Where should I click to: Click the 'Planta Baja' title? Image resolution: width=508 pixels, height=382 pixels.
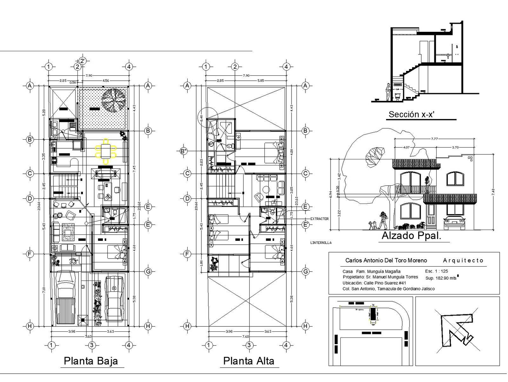tap(91, 361)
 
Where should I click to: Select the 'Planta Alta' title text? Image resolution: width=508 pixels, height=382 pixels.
tap(249, 361)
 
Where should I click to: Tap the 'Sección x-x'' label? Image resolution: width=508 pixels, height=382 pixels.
tap(411, 114)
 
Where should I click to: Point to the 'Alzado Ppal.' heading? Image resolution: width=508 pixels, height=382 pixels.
tap(411, 236)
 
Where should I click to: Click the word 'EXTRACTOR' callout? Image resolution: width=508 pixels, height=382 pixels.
tap(319, 219)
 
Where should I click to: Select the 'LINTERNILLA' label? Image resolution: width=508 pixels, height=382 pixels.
tap(321, 243)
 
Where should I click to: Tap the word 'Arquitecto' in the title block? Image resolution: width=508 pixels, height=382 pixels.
tap(463, 260)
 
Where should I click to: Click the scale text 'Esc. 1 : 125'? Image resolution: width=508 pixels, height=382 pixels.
tap(436, 271)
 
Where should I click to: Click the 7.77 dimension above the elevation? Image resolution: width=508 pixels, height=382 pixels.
tap(434, 139)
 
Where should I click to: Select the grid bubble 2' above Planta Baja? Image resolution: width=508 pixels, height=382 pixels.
tap(83, 61)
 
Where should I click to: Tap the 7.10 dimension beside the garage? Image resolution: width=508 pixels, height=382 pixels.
tap(44, 290)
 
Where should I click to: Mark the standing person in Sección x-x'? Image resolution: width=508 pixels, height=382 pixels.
tap(388, 92)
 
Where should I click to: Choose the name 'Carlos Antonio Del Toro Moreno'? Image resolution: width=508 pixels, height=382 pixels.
tap(386, 260)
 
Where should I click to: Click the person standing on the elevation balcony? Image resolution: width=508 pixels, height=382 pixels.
tap(427, 184)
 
